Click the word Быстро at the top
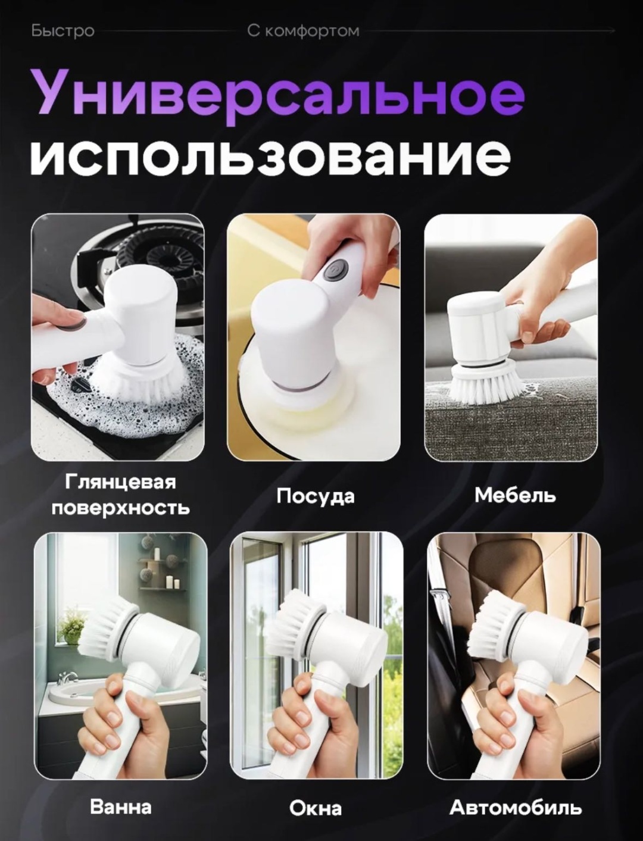pyautogui.click(x=63, y=31)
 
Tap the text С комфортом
pyautogui.click(x=303, y=31)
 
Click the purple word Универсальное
pyautogui.click(x=277, y=99)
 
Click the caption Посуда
pyautogui.click(x=316, y=497)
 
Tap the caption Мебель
pyautogui.click(x=515, y=495)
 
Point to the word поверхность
pyautogui.click(x=121, y=508)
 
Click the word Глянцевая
pyautogui.click(x=120, y=482)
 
